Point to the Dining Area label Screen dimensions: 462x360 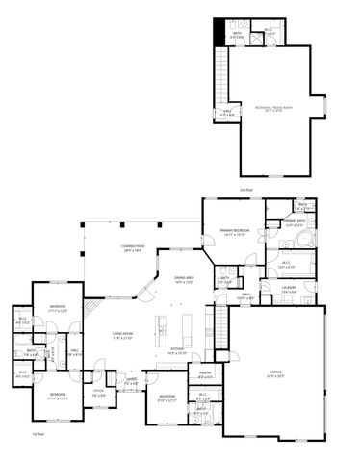coord(185,280)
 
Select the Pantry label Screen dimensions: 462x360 coord(205,374)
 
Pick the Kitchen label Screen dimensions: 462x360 coord(176,351)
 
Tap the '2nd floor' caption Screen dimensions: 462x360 coord(246,191)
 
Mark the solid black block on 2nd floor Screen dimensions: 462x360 coord(219,29)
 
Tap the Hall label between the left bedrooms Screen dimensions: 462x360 coord(73,353)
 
